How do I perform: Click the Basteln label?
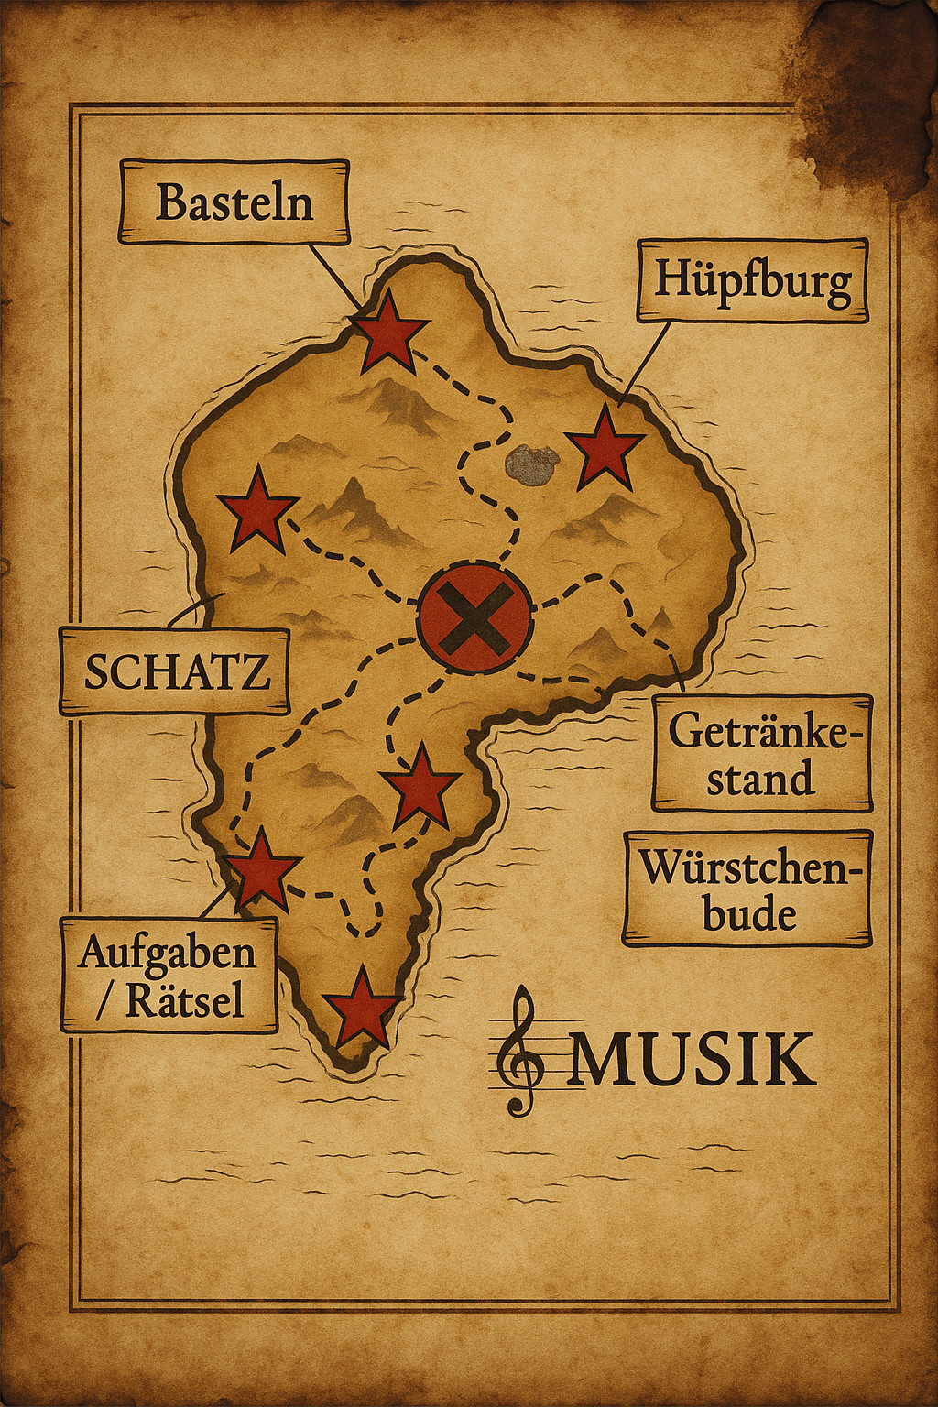pyautogui.click(x=234, y=202)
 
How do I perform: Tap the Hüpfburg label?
pyautogui.click(x=752, y=280)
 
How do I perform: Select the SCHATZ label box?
pyautogui.click(x=175, y=671)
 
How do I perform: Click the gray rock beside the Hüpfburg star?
pyautogui.click(x=531, y=464)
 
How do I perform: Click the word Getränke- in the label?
pyautogui.click(x=765, y=732)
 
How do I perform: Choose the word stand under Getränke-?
pyautogui.click(x=760, y=779)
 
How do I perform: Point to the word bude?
pyautogui.click(x=749, y=914)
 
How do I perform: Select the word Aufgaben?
pyautogui.click(x=167, y=953)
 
